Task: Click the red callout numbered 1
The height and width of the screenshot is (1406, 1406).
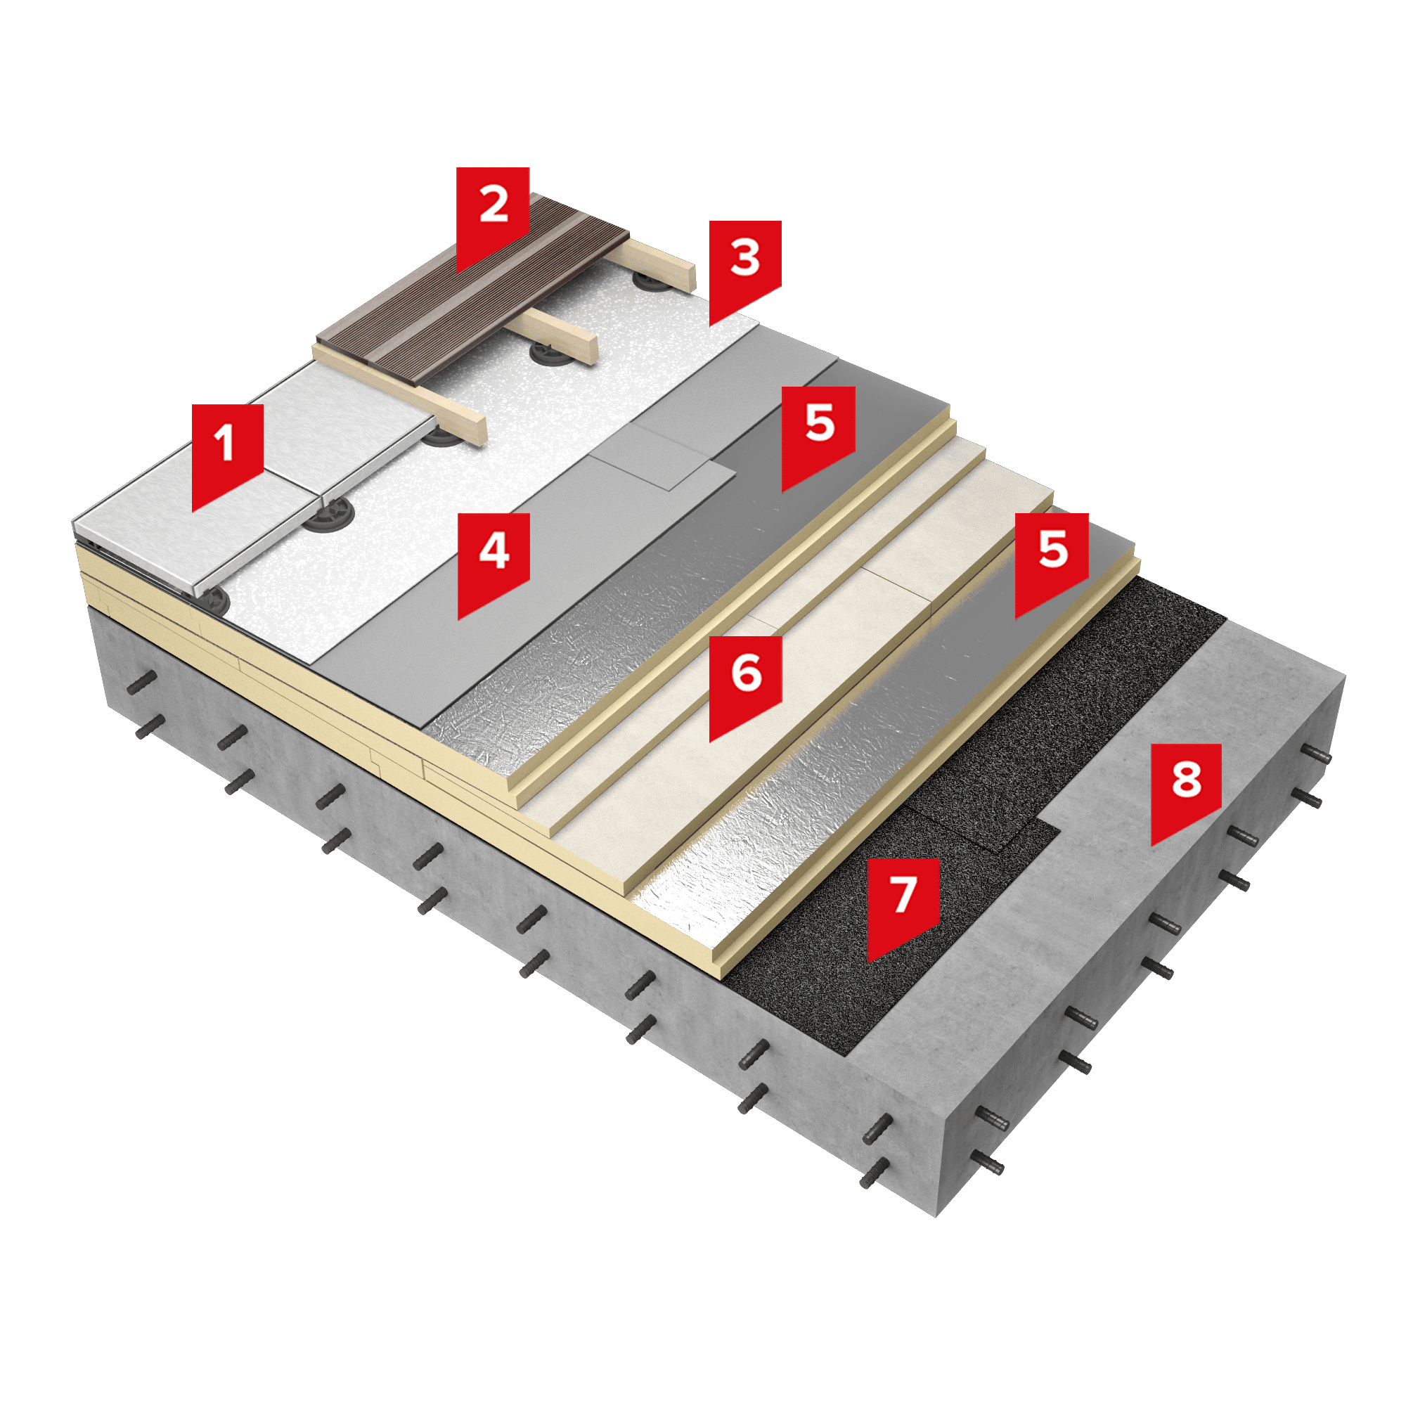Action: tap(227, 451)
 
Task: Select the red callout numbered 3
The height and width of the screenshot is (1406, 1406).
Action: tap(745, 268)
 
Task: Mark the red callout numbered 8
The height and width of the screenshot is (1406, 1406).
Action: tap(1186, 789)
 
